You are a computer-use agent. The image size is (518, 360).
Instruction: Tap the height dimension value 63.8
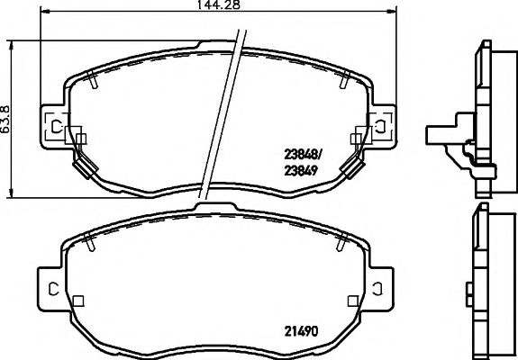(x=6, y=117)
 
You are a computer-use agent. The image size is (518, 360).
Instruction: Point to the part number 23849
(x=300, y=169)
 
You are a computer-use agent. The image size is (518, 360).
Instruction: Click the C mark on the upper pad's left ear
(x=52, y=126)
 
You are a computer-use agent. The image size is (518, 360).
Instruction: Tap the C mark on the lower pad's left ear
(x=52, y=288)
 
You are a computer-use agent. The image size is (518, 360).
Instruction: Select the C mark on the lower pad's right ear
(x=380, y=288)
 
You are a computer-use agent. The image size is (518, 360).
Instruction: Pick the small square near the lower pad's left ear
(x=79, y=301)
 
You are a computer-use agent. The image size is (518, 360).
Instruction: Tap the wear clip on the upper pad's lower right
(x=353, y=166)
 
